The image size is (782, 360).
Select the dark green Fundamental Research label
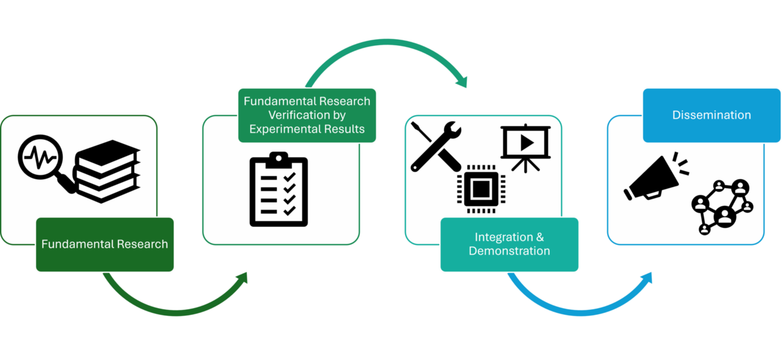tap(105, 244)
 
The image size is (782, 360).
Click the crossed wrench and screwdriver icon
tap(436, 146)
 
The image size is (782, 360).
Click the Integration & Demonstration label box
tap(510, 244)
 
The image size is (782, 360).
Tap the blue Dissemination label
tap(712, 115)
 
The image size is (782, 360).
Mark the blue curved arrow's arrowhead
tap(647, 277)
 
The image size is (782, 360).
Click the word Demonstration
tap(510, 251)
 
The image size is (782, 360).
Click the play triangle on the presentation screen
tap(527, 141)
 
